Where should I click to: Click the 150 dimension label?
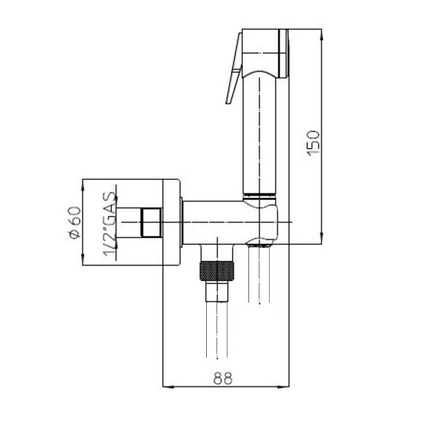tap(314, 143)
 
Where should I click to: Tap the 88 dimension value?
tap(222, 378)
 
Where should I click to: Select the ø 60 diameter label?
tap(75, 223)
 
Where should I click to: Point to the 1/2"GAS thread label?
tap(109, 224)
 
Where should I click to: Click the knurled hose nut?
tap(217, 271)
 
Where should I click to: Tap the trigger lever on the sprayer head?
tap(234, 68)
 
